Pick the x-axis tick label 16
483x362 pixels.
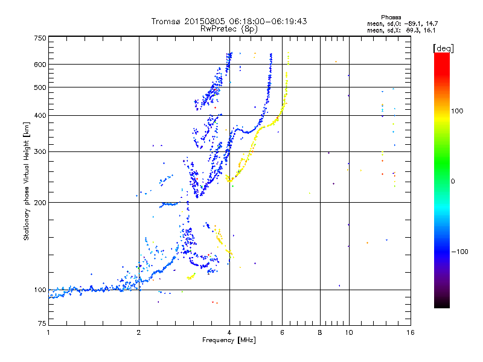(x=410, y=332)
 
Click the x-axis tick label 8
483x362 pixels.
(x=320, y=332)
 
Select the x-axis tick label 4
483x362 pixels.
(x=229, y=332)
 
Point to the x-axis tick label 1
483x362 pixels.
(x=48, y=332)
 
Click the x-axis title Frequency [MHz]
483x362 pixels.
(x=229, y=341)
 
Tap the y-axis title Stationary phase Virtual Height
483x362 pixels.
(x=27, y=180)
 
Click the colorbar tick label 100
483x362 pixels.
(x=457, y=111)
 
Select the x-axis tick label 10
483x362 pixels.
(x=348, y=332)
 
